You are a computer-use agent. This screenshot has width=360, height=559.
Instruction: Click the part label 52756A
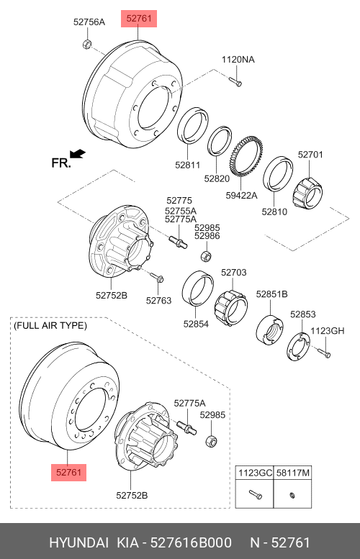pyautogui.click(x=89, y=22)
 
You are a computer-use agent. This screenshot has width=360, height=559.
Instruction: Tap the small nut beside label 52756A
pyautogui.click(x=86, y=44)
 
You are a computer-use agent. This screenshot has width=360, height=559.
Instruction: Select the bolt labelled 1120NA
pyautogui.click(x=235, y=81)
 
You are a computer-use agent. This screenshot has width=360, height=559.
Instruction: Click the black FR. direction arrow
pyautogui.click(x=78, y=154)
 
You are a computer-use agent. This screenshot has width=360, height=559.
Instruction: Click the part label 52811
pyautogui.click(x=188, y=165)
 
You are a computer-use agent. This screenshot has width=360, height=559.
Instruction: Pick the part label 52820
pyautogui.click(x=217, y=178)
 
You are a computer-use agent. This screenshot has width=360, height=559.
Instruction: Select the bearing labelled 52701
pyautogui.click(x=307, y=193)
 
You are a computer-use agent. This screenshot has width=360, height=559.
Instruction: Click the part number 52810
pyautogui.click(x=274, y=212)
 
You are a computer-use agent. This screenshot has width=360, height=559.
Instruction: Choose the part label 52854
pyautogui.click(x=196, y=324)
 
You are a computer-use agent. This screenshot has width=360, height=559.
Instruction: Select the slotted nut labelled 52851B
pyautogui.click(x=270, y=330)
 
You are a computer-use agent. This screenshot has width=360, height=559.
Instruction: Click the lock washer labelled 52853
pyautogui.click(x=298, y=345)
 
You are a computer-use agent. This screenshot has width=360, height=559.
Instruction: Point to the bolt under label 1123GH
pyautogui.click(x=324, y=353)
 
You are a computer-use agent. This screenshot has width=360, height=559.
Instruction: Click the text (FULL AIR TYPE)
pyautogui.click(x=50, y=325)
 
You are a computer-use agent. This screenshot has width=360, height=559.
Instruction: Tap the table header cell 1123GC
pyautogui.click(x=255, y=473)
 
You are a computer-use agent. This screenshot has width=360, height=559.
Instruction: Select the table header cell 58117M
pyautogui.click(x=292, y=473)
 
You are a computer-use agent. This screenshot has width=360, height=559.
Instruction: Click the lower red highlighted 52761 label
pyautogui.click(x=69, y=473)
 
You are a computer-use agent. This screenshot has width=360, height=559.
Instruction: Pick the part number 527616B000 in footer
pyautogui.click(x=191, y=542)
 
